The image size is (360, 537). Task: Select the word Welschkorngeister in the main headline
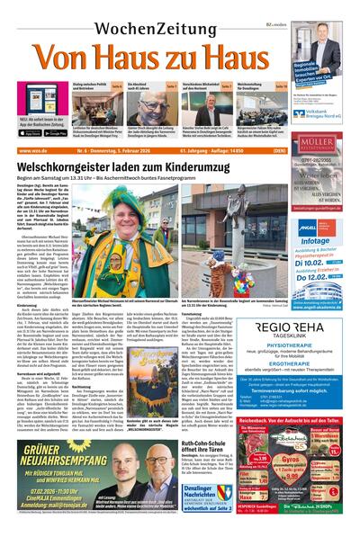coord(75,166)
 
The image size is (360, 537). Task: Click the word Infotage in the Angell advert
coord(317,242)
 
